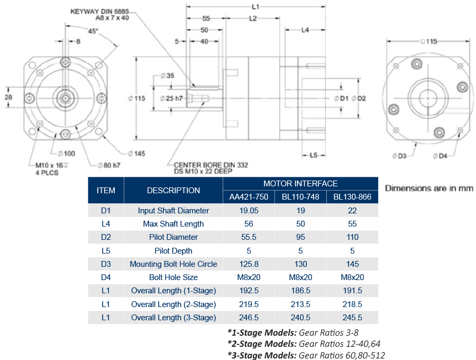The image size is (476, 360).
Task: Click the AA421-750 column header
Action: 249,197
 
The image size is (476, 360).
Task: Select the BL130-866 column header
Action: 352,197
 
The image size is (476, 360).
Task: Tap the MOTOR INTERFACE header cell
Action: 300,184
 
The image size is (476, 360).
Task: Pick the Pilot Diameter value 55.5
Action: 249,237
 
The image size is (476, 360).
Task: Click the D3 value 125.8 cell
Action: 249,264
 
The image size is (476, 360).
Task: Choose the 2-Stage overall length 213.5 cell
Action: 300,304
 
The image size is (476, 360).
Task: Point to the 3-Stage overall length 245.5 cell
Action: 352,318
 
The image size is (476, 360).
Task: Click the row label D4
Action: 106,277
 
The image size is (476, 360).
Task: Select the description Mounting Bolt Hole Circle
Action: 173,264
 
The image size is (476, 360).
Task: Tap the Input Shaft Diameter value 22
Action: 352,210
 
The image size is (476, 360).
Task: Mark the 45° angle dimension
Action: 93,31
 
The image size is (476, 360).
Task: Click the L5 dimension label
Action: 313,155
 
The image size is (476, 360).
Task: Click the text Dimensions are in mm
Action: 429,188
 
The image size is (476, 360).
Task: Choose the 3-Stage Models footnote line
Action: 306,355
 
